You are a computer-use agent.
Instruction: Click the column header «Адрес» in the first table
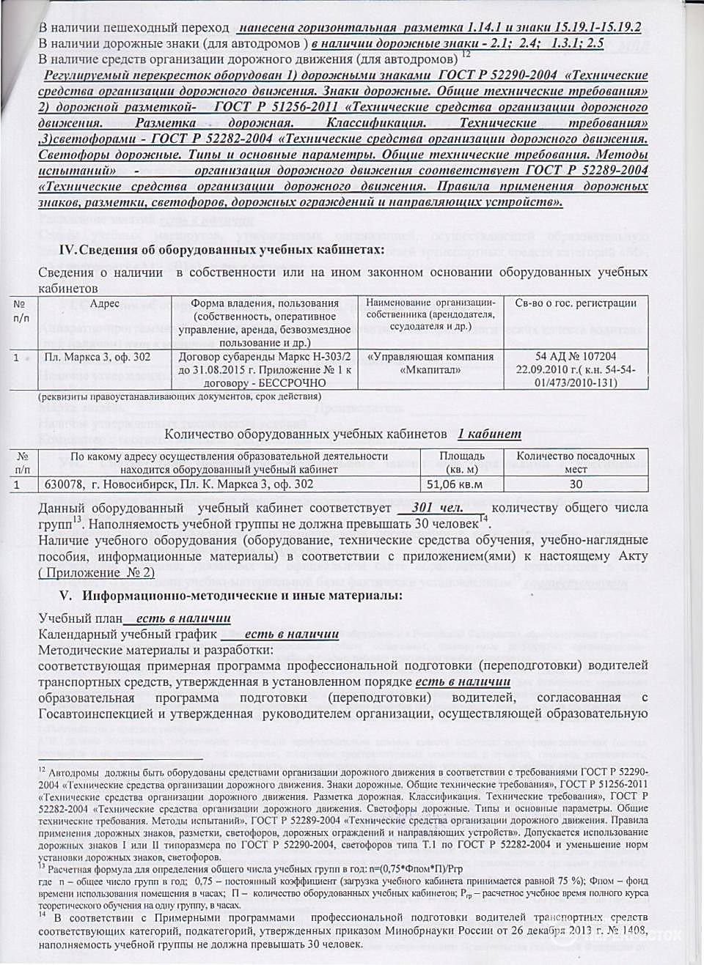pyautogui.click(x=104, y=303)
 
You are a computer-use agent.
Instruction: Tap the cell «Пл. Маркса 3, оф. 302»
pyautogui.click(x=98, y=357)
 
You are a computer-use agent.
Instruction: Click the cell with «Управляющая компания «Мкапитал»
pyautogui.click(x=430, y=363)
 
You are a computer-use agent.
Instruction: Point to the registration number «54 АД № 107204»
pyautogui.click(x=576, y=357)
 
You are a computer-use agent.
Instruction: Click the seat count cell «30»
pyautogui.click(x=576, y=484)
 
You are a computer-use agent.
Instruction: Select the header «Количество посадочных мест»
pyautogui.click(x=576, y=462)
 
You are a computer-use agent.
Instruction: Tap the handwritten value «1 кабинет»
pyautogui.click(x=489, y=434)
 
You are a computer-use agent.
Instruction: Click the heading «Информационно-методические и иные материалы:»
pyautogui.click(x=242, y=595)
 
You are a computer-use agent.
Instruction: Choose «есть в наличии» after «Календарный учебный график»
pyautogui.click(x=292, y=634)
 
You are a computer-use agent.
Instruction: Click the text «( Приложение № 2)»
pyautogui.click(x=96, y=572)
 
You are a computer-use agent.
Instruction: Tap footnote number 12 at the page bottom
pyautogui.click(x=42, y=769)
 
